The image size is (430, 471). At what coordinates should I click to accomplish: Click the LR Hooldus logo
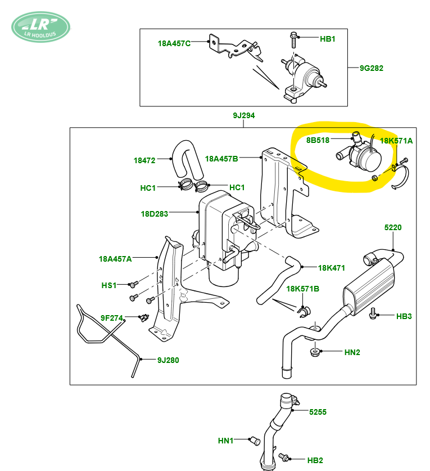(x=41, y=27)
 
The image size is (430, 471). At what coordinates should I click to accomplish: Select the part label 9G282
(x=372, y=68)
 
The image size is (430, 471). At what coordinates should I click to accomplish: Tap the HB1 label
(x=327, y=39)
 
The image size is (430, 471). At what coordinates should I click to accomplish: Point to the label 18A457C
(x=174, y=43)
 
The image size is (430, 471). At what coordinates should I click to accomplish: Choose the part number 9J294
(x=243, y=115)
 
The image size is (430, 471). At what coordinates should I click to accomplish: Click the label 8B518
(x=318, y=140)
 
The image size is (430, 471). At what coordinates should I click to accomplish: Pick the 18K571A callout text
(x=396, y=141)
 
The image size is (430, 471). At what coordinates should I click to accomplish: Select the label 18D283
(x=154, y=214)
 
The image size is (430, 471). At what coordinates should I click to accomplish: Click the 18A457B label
(x=221, y=159)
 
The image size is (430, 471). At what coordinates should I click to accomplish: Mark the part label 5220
(x=393, y=227)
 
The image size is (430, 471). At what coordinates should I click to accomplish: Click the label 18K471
(x=331, y=268)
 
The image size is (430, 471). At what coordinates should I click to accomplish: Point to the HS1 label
(x=109, y=285)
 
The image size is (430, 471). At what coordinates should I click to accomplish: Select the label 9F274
(x=112, y=318)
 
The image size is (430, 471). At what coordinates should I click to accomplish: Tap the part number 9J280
(x=168, y=360)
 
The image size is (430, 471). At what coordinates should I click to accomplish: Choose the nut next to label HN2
(x=314, y=352)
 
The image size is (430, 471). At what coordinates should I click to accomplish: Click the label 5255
(x=318, y=412)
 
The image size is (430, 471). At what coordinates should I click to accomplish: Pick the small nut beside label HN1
(x=255, y=441)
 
